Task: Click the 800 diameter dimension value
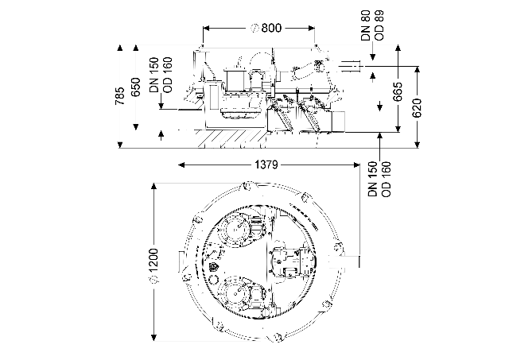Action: coord(271,29)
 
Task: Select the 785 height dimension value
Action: coord(120,95)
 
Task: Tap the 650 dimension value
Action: coord(136,87)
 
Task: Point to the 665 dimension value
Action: coord(398,91)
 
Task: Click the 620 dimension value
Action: coord(418,108)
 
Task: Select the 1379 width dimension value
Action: coord(266,165)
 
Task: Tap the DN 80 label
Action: coord(366,25)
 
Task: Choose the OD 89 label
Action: coord(379,25)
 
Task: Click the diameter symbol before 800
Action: coord(254,29)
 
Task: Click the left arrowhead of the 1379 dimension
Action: coord(181,165)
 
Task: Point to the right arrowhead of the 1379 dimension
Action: coord(356,165)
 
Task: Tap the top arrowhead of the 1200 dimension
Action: coord(154,187)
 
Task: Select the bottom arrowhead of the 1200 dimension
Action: coord(154,338)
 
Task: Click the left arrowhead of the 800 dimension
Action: coord(207,29)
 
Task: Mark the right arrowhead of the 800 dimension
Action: coord(311,29)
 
